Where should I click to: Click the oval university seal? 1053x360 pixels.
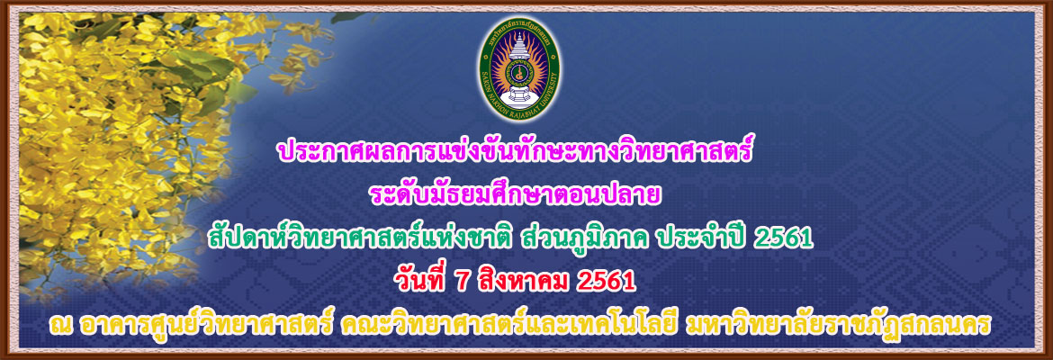tap(520, 68)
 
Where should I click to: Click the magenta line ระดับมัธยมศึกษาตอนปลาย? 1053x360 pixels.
tap(516, 194)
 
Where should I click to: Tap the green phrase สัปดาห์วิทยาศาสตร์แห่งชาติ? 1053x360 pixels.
tap(362, 238)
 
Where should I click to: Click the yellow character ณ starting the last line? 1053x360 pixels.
tap(60, 327)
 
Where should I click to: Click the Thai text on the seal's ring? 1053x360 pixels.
tap(520, 28)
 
